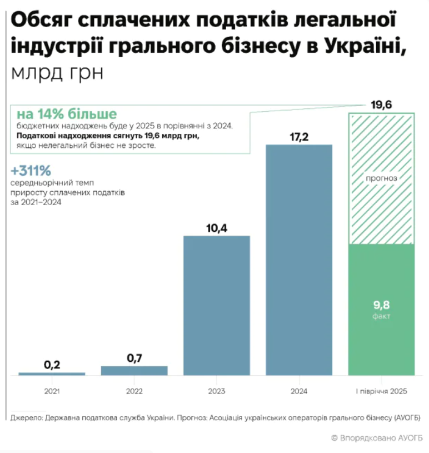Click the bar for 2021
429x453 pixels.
pyautogui.click(x=52, y=374)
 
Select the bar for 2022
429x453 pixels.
pyautogui.click(x=134, y=371)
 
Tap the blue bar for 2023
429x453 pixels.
pyautogui.click(x=217, y=305)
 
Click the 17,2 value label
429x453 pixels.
pyautogui.click(x=299, y=136)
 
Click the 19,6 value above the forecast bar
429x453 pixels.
pyautogui.click(x=381, y=105)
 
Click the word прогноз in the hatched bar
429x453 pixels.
pyautogui.click(x=381, y=178)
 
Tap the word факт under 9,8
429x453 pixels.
pyautogui.click(x=381, y=316)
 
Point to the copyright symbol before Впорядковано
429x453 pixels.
pyautogui.click(x=335, y=437)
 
